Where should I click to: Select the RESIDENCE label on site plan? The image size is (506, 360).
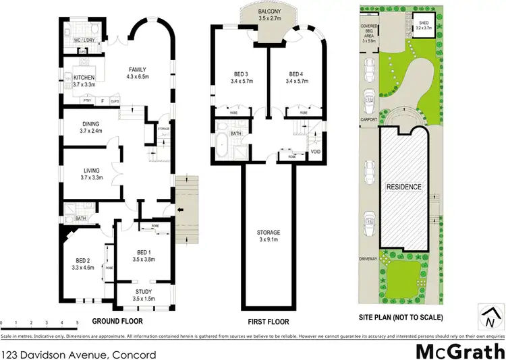pos(403,187)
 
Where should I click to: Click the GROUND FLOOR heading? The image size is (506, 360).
pos(115,320)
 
